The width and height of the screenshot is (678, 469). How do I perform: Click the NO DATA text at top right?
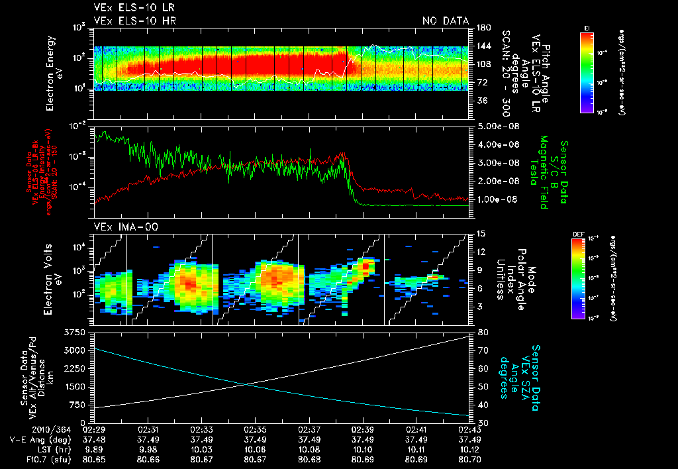(446, 21)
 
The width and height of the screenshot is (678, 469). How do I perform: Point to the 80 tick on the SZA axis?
(483, 331)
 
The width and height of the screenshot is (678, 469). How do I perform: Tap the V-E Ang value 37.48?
(94, 439)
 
